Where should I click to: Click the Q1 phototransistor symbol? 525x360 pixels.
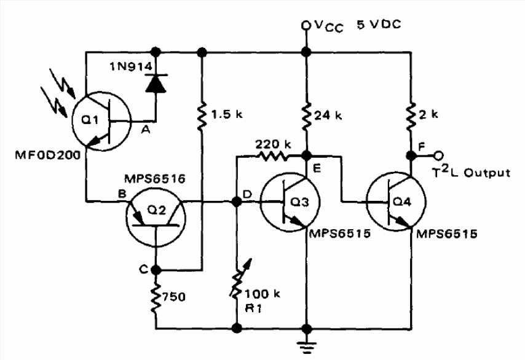[x=101, y=120]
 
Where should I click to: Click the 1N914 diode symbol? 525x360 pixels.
[x=156, y=84]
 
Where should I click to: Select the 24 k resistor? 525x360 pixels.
[x=306, y=117]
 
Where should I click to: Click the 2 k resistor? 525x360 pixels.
[x=411, y=117]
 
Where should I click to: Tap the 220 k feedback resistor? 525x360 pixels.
[x=272, y=156]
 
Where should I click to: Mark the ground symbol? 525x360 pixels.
[x=306, y=346]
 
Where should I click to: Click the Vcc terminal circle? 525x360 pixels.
[x=306, y=25]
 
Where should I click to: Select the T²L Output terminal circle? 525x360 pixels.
[x=438, y=155]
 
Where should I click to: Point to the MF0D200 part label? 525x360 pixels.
[x=47, y=155]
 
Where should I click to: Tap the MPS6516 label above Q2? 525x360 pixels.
[x=154, y=179]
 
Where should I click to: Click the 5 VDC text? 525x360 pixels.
[x=379, y=25]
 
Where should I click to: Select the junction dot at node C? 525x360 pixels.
[x=156, y=269]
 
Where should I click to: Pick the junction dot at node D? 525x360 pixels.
[x=237, y=202]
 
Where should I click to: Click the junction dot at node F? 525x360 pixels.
[x=411, y=155]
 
